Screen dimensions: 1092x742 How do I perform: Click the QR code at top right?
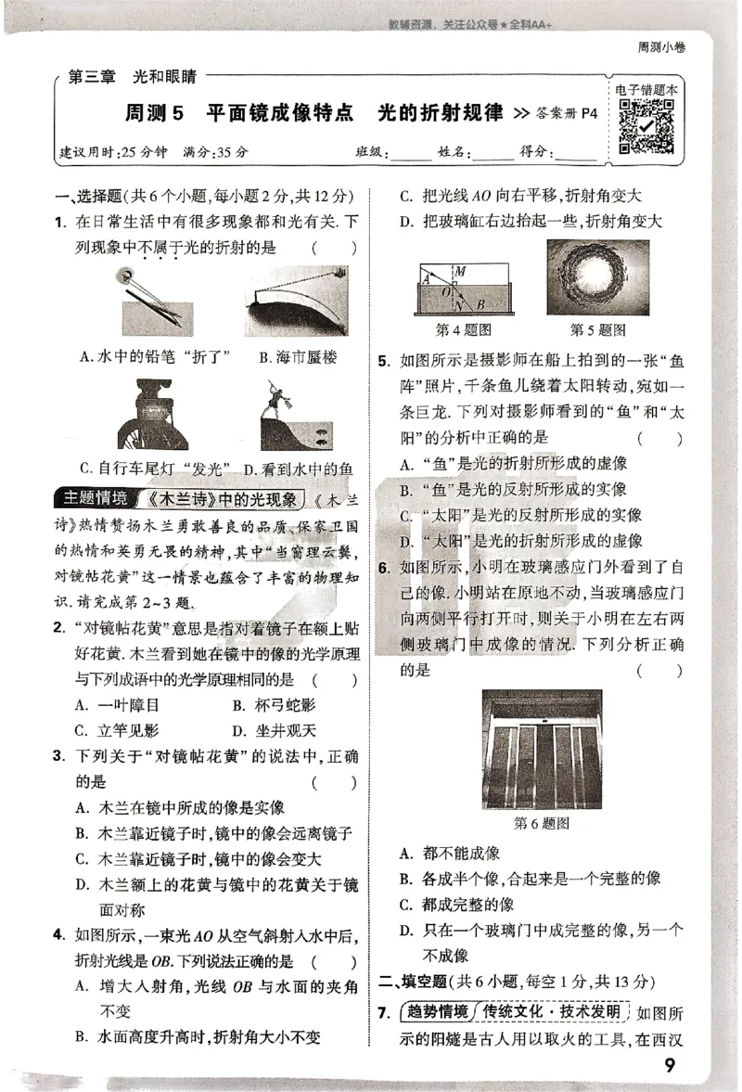click(646, 126)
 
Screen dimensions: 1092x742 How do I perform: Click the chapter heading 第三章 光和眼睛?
click(138, 78)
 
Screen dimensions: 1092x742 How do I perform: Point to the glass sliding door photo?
click(541, 749)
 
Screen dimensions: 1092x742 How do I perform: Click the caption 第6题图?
click(541, 823)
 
